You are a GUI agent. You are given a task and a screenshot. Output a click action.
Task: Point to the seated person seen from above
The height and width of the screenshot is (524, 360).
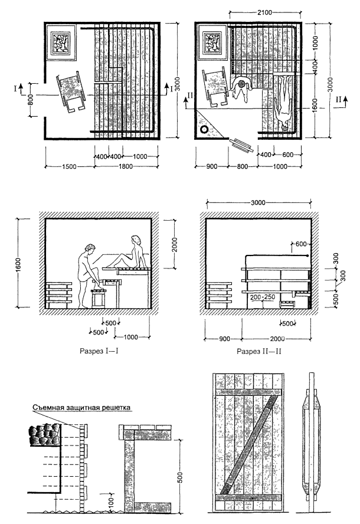click(241, 90)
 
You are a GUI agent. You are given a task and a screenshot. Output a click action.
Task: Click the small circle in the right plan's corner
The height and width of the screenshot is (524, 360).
click(205, 129)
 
